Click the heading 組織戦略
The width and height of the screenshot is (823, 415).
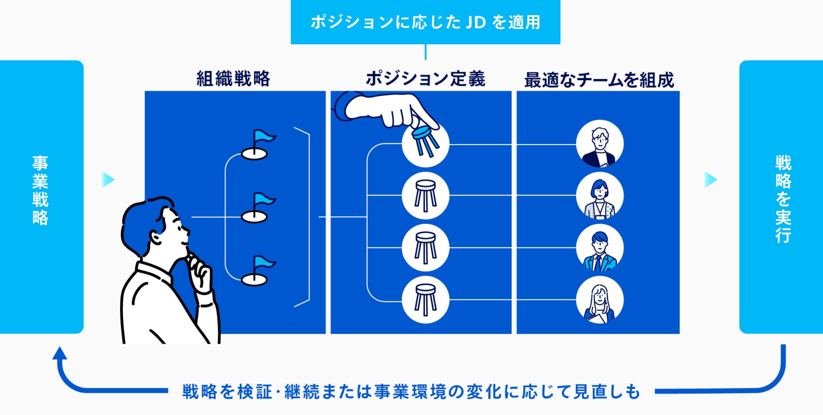[x=233, y=79]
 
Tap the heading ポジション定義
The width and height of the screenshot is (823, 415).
[x=425, y=79]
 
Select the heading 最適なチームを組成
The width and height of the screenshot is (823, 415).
[x=599, y=80]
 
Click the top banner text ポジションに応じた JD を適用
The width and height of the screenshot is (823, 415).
[x=425, y=22]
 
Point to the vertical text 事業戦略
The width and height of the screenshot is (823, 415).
[x=40, y=190]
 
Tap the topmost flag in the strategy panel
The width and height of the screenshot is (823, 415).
[x=258, y=144]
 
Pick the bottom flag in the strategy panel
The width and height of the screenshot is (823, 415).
[x=258, y=270]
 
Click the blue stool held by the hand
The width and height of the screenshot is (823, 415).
[x=426, y=141]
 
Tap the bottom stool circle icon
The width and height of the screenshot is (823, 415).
[x=425, y=300]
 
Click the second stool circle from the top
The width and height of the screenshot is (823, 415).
[x=425, y=195]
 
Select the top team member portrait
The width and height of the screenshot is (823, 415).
[x=600, y=144]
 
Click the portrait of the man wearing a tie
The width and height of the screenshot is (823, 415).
[x=600, y=248]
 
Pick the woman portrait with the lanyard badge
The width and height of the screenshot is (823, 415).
[x=600, y=196]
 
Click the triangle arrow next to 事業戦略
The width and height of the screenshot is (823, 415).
[x=108, y=180]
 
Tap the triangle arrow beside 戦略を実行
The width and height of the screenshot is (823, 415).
[x=710, y=180]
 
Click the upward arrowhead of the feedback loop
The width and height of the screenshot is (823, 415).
[x=59, y=353]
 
